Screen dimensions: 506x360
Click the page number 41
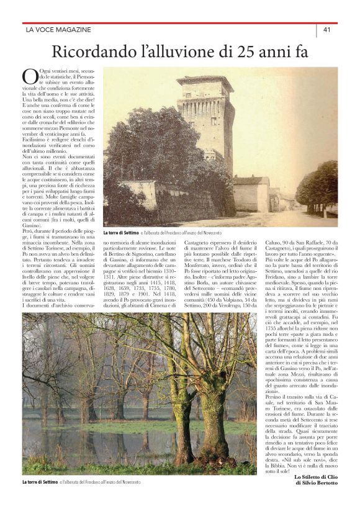pos(326,29)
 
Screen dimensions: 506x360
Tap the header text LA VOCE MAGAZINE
pos(58,29)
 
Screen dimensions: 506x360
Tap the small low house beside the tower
pos(251,192)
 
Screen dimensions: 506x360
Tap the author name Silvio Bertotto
pos(320,483)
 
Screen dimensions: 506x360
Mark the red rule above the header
pos(180,23)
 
